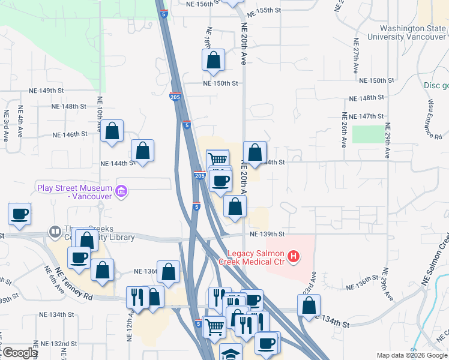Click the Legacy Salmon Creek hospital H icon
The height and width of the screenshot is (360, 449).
coord(294,257)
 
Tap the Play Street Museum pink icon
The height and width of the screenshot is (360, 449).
coord(122,192)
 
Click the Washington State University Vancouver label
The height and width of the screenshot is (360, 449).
coord(412,32)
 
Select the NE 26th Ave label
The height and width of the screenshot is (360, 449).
coord(344,130)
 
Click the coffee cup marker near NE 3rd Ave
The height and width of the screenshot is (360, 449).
coord(19,214)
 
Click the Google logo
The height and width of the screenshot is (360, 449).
coord(19,353)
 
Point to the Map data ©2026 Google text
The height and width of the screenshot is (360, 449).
coord(412,355)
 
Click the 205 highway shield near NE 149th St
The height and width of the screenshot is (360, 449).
coord(175,97)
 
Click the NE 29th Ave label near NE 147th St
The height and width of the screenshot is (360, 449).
coord(388,141)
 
